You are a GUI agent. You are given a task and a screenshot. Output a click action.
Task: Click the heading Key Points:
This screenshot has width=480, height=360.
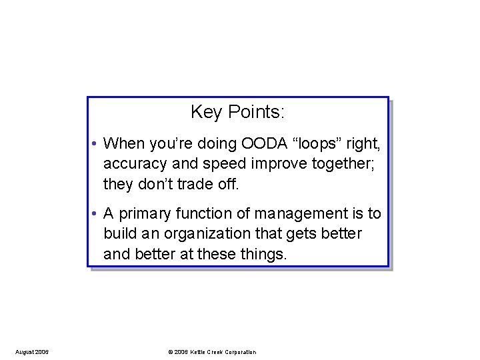click(x=237, y=112)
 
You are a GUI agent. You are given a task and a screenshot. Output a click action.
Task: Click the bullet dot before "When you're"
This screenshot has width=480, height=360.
click(x=96, y=144)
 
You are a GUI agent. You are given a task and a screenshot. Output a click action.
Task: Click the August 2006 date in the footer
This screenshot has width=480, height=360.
click(x=31, y=352)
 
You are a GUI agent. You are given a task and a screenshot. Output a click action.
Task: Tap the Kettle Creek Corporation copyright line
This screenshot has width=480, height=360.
click(x=212, y=352)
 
